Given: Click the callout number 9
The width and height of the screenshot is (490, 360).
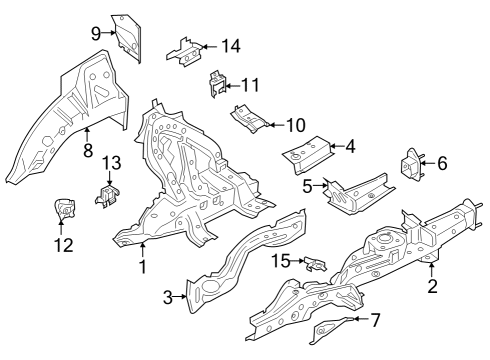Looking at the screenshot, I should click(x=96, y=32).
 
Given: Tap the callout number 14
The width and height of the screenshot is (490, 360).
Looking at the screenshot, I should click(x=231, y=45).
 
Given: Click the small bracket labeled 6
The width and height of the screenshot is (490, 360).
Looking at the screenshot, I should click(x=410, y=165).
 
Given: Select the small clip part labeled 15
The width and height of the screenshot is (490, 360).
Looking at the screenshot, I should click(x=314, y=263).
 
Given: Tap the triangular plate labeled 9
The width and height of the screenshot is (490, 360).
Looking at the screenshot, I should click(x=126, y=32).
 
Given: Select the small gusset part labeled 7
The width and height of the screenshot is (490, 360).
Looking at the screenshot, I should click(x=333, y=328).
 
